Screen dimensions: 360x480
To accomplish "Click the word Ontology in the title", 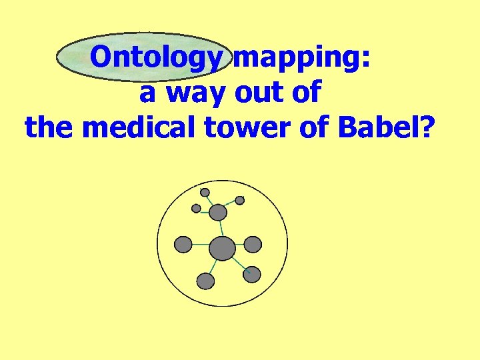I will pyautogui.click(x=155, y=58).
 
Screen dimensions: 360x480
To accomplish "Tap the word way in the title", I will pyautogui.click(x=197, y=93).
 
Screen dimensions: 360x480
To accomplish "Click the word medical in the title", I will pyautogui.click(x=134, y=127).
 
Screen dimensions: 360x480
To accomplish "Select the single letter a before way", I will pyautogui.click(x=148, y=93).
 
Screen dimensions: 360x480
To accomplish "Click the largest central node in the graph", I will pyautogui.click(x=222, y=249).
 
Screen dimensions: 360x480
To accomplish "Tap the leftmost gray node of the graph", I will pyautogui.click(x=183, y=245).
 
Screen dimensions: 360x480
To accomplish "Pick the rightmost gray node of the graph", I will pyautogui.click(x=253, y=245).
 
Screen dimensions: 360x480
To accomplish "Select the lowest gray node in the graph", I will pyautogui.click(x=206, y=281).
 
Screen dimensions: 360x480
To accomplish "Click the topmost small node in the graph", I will pyautogui.click(x=205, y=193).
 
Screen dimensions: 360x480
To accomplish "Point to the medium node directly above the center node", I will pyautogui.click(x=218, y=213).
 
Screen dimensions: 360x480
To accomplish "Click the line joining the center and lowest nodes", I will pyautogui.click(x=213, y=266).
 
